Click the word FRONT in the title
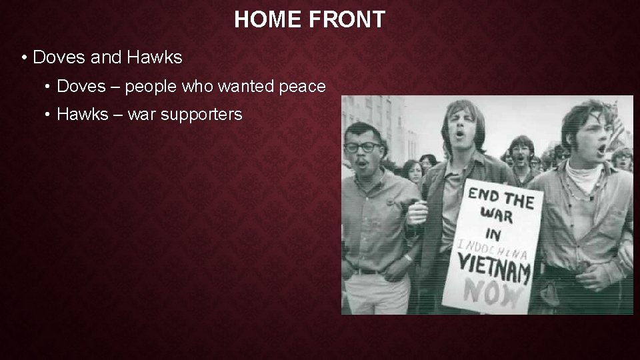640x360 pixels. [x=347, y=20]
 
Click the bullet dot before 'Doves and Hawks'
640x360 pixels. [x=23, y=58]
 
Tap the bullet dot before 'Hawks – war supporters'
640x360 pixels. [x=48, y=115]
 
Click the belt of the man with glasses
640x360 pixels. [x=368, y=271]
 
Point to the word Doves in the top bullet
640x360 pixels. [x=59, y=58]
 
